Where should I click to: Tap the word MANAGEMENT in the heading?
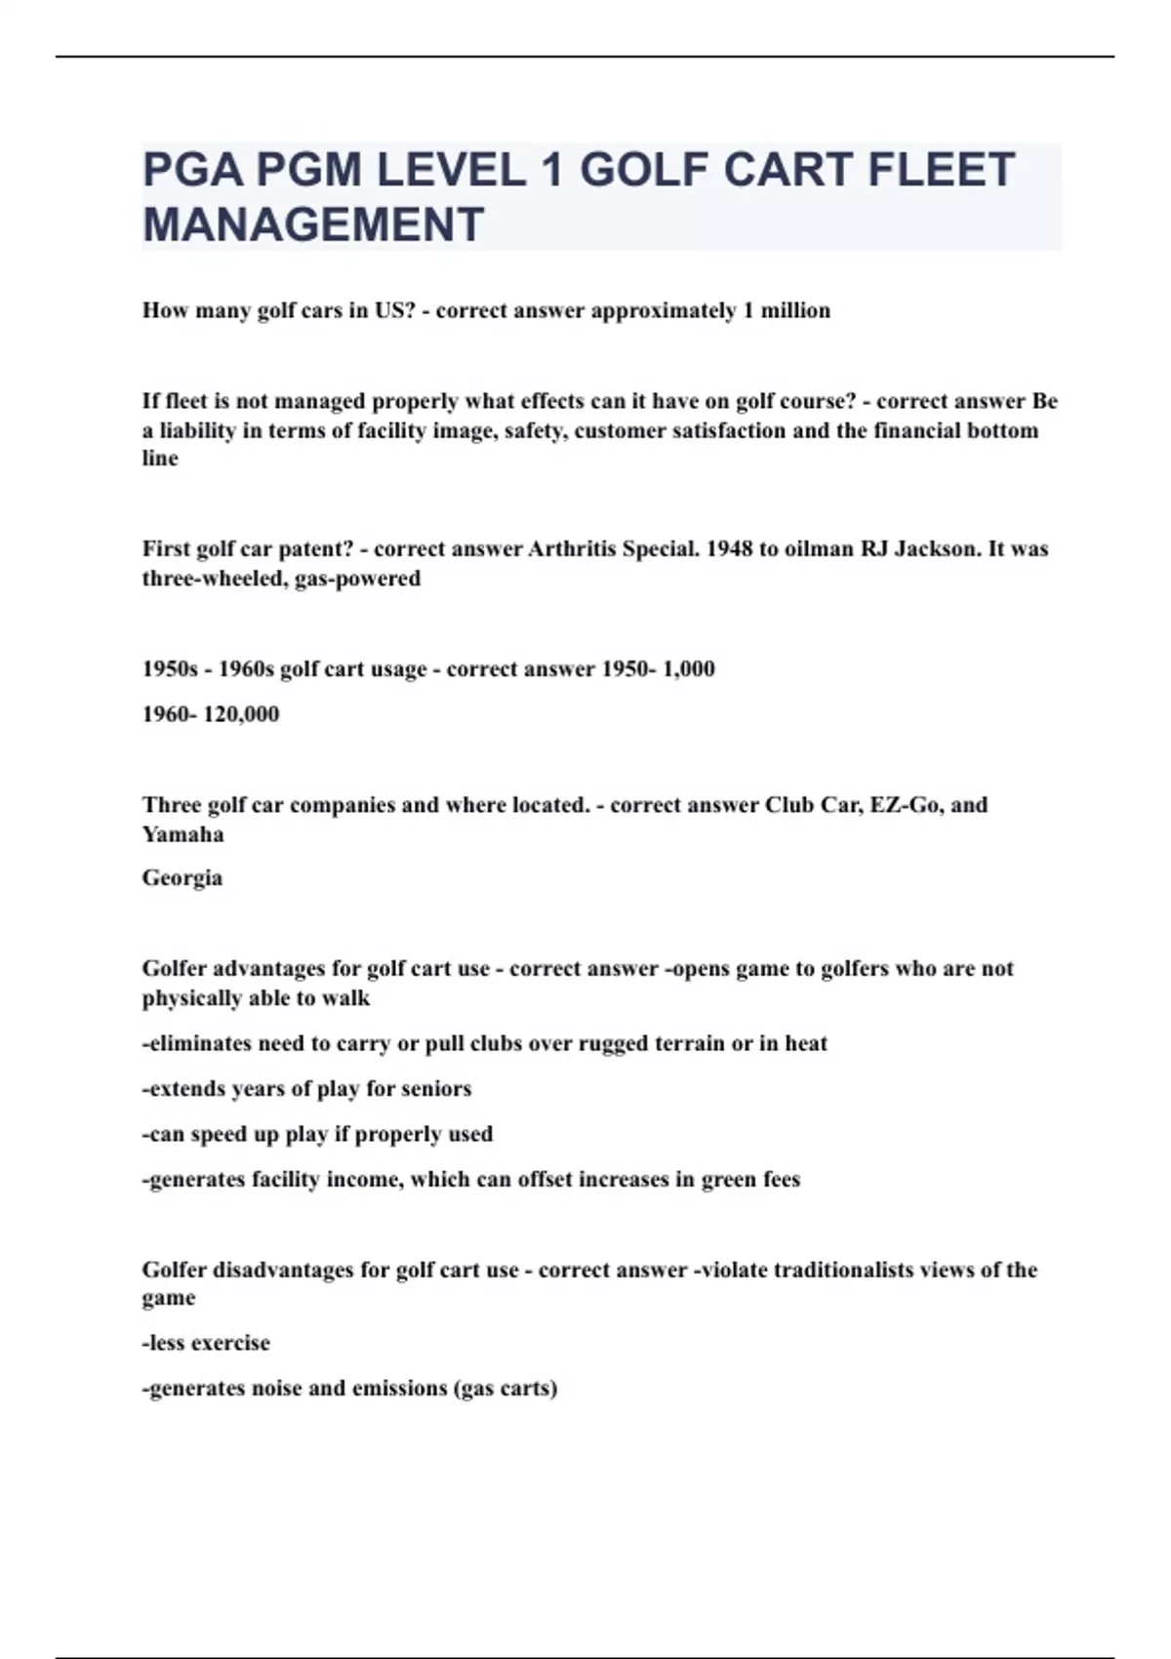click(313, 224)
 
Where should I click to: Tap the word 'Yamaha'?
click(182, 833)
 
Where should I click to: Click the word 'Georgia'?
click(182, 877)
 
